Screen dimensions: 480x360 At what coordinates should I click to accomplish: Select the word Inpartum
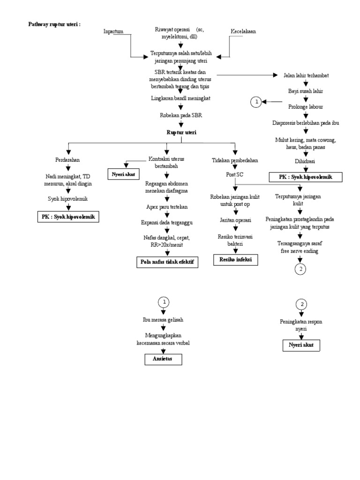113,31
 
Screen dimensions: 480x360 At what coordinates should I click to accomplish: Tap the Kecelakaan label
243,31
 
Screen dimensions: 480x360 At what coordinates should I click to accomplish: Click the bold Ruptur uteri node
181,133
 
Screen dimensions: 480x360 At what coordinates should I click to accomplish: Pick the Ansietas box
162,359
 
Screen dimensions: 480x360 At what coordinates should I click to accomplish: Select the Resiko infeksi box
236,259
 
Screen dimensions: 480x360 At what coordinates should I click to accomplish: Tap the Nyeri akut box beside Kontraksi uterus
123,174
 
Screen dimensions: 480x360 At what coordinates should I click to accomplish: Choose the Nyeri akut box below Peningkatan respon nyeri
301,345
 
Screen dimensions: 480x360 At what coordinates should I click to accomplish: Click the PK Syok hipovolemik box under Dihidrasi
305,177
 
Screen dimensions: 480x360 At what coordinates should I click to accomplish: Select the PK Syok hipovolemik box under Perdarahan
68,217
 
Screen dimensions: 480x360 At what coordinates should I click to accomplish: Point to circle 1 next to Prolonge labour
255,101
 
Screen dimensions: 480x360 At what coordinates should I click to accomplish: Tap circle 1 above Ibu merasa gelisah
163,301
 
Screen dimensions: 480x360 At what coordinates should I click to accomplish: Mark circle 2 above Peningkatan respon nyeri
302,304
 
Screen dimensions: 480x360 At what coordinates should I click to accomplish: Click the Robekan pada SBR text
181,114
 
